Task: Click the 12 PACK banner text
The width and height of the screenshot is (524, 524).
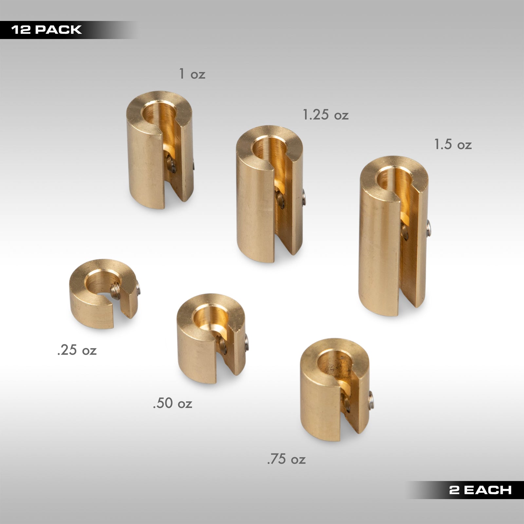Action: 46,30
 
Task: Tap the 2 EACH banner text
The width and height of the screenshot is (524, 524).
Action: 480,490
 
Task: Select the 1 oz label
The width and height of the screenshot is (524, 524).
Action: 192,74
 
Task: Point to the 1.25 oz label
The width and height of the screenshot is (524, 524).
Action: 325,115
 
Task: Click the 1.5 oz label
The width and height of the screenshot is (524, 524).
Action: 453,144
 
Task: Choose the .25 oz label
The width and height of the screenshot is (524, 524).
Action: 77,350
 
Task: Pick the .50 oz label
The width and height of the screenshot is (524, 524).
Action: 173,403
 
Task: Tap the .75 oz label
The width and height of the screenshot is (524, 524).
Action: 286,459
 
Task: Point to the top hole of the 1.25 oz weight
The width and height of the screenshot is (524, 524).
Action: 268,147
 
